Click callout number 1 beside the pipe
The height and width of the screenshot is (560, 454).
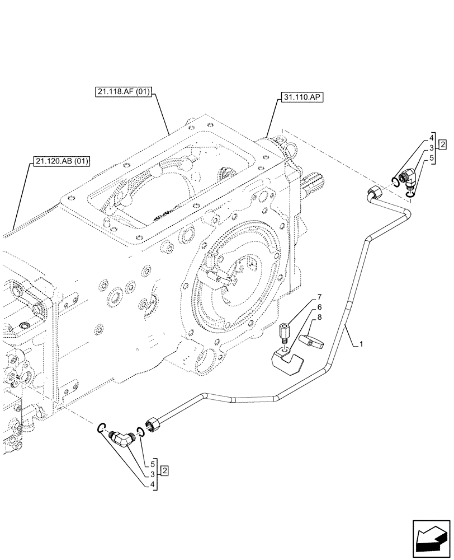362,346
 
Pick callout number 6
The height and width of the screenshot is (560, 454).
319,307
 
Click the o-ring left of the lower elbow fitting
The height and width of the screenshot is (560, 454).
101,428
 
